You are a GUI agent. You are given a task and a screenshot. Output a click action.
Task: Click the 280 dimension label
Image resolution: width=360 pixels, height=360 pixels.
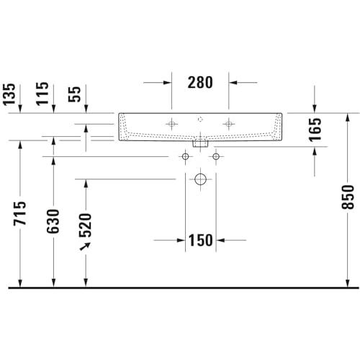(200, 82)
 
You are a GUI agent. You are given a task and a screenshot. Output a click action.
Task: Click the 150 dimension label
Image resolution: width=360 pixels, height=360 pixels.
(200, 240)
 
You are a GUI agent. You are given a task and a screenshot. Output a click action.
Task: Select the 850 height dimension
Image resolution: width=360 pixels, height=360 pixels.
(348, 197)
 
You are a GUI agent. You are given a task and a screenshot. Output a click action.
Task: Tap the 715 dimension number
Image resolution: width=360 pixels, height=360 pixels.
(19, 213)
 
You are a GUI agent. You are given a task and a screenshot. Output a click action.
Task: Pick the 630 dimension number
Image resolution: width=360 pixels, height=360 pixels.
(53, 221)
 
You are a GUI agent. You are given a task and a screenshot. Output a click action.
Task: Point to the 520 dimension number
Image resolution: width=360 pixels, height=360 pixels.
(86, 225)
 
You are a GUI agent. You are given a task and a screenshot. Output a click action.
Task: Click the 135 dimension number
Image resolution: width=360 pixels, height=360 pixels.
(9, 94)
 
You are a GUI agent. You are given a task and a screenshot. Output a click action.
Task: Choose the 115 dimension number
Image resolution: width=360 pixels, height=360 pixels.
(42, 94)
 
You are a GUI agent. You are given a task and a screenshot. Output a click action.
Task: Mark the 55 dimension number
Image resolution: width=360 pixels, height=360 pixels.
(74, 94)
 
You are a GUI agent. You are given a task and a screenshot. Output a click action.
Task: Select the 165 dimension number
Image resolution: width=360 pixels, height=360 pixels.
(315, 130)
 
